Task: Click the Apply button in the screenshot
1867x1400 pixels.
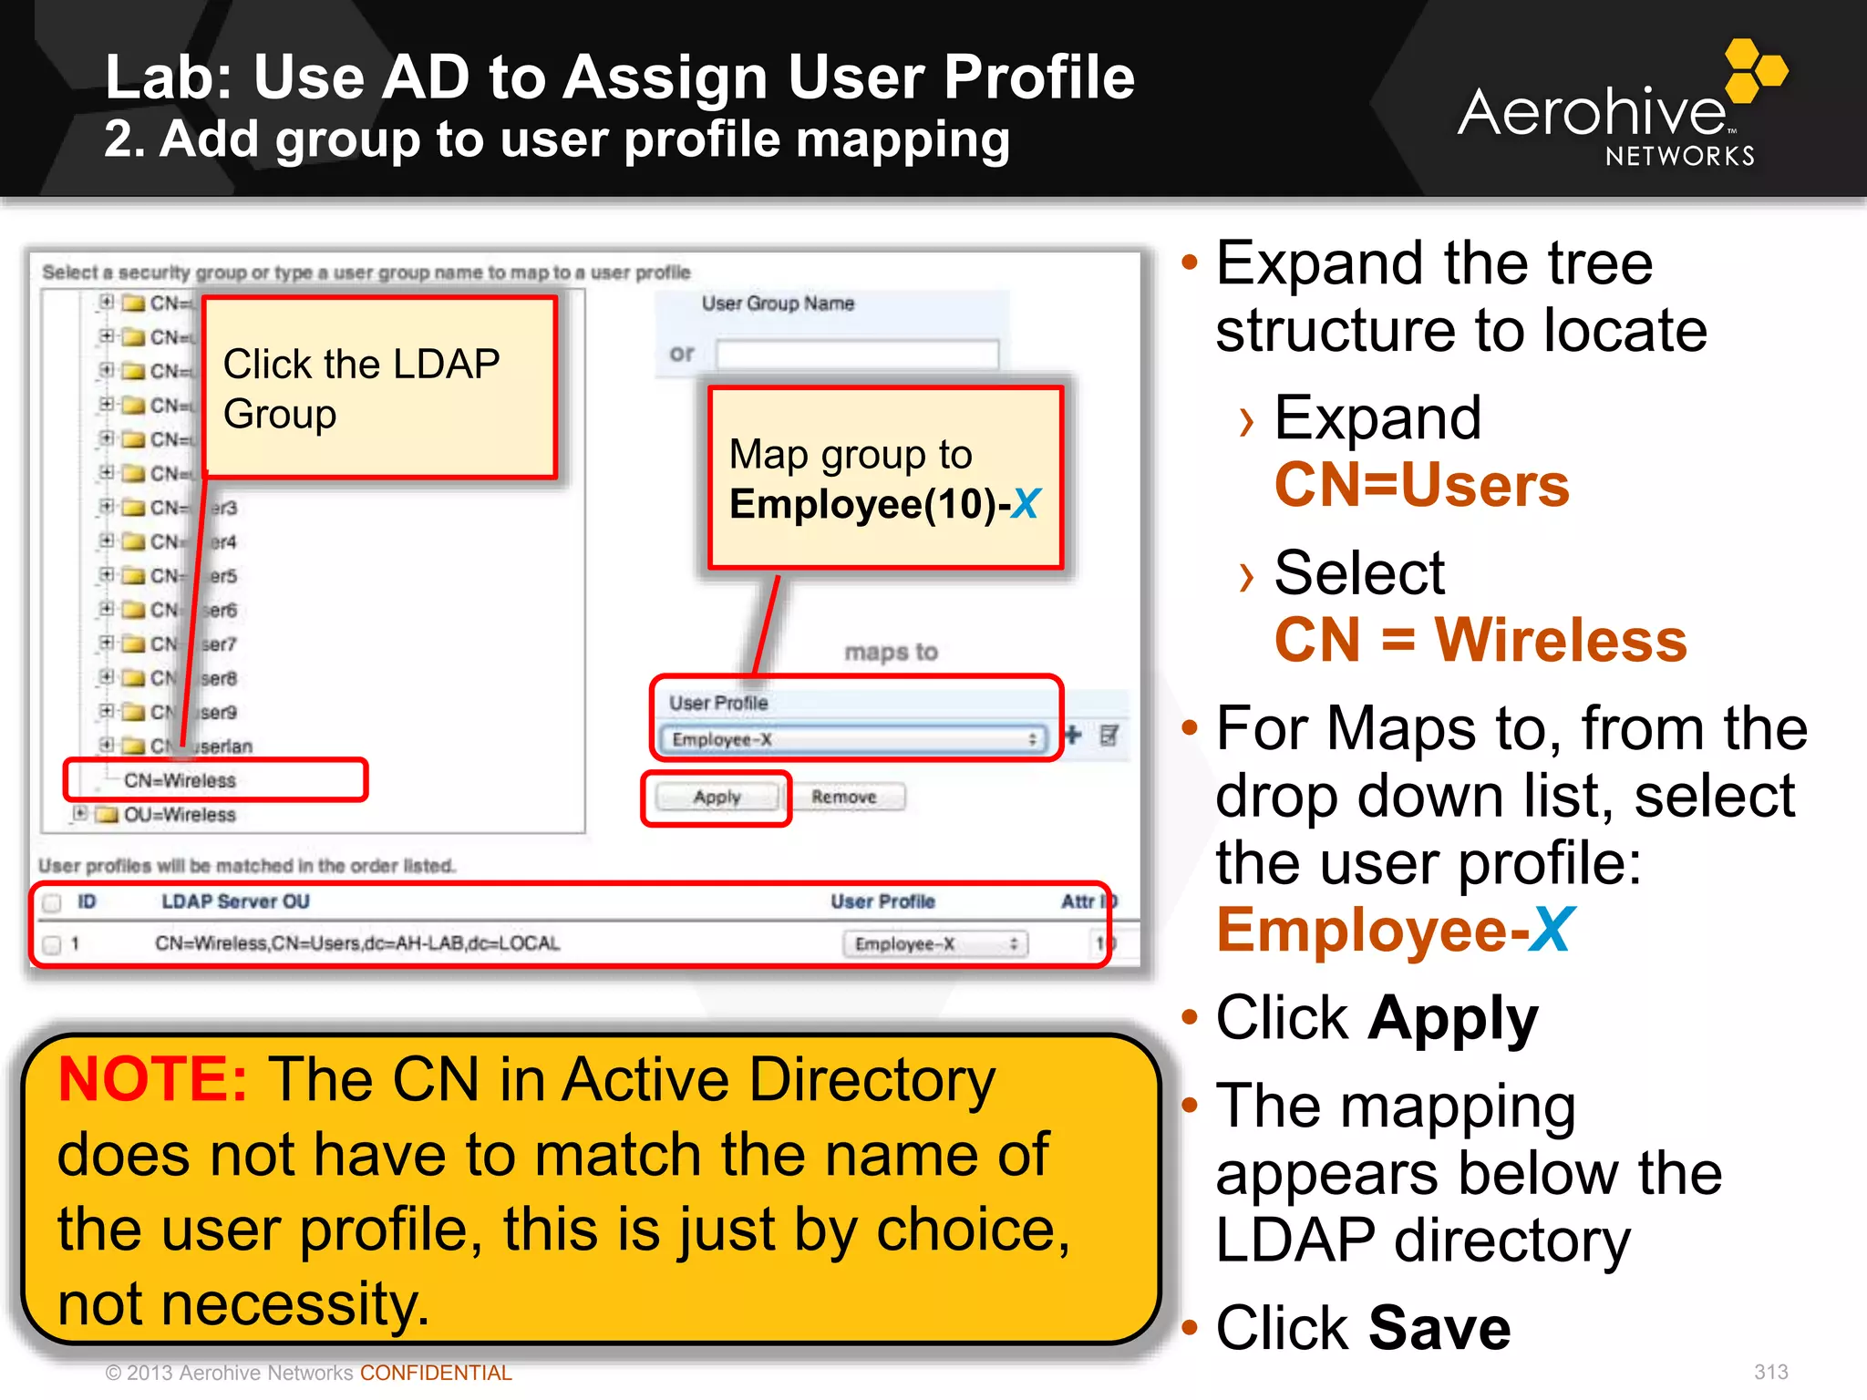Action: pyautogui.click(x=717, y=798)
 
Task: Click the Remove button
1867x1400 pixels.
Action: pyautogui.click(x=844, y=798)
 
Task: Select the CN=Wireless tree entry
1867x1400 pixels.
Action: pyautogui.click(x=180, y=781)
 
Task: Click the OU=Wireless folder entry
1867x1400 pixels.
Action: pyautogui.click(x=179, y=815)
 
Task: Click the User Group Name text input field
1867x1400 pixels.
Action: pyautogui.click(x=857, y=355)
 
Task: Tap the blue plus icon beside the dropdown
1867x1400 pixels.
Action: pyautogui.click(x=1073, y=735)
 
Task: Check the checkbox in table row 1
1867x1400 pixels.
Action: pyautogui.click(x=53, y=944)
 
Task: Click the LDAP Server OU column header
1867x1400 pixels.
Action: pyautogui.click(x=235, y=901)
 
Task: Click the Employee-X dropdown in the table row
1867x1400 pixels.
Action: pyautogui.click(x=934, y=944)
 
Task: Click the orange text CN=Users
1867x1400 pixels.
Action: pyautogui.click(x=1421, y=485)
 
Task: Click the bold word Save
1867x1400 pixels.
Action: pyautogui.click(x=1439, y=1328)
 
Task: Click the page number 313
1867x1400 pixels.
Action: pyautogui.click(x=1770, y=1372)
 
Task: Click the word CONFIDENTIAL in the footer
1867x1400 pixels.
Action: pyautogui.click(x=436, y=1373)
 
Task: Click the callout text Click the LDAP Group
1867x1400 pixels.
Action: pyautogui.click(x=361, y=389)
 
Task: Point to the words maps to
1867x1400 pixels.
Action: pyautogui.click(x=891, y=652)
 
